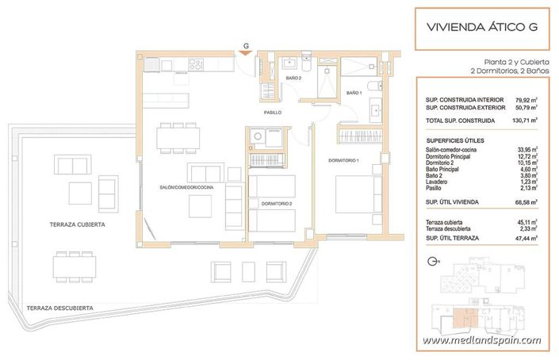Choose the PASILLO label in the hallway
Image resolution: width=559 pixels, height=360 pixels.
click(273, 113)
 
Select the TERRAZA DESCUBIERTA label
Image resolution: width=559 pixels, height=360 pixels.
click(59, 307)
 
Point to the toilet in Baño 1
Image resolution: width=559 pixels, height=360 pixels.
click(377, 87)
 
